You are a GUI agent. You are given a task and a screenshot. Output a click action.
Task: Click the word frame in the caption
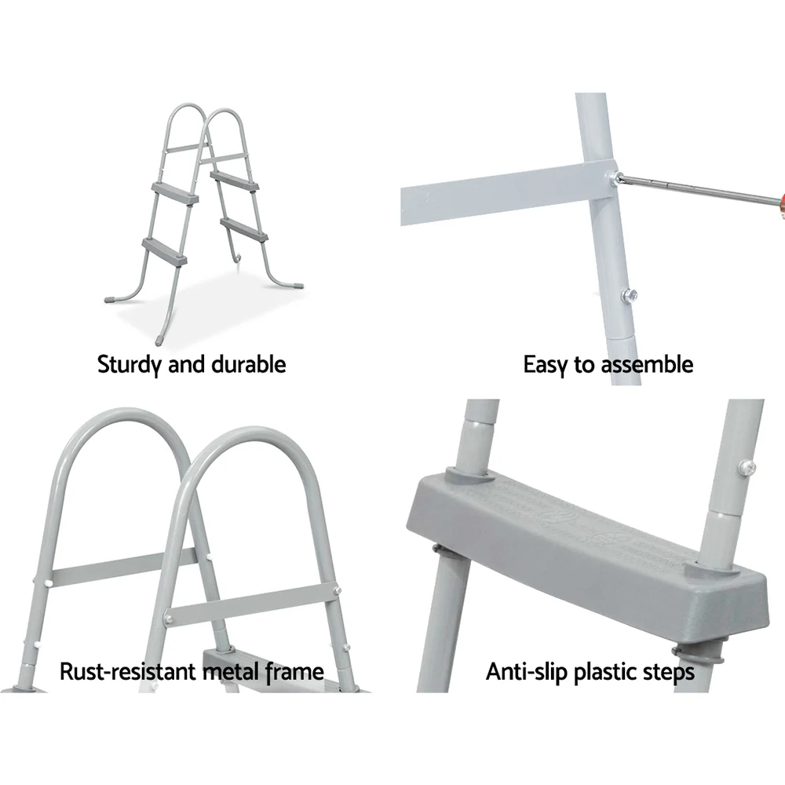click(x=291, y=672)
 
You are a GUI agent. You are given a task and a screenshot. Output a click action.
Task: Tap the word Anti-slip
click(x=521, y=672)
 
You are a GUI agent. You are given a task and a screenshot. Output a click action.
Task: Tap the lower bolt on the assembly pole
click(x=630, y=296)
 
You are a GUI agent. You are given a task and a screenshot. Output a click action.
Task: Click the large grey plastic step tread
click(x=581, y=526)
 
